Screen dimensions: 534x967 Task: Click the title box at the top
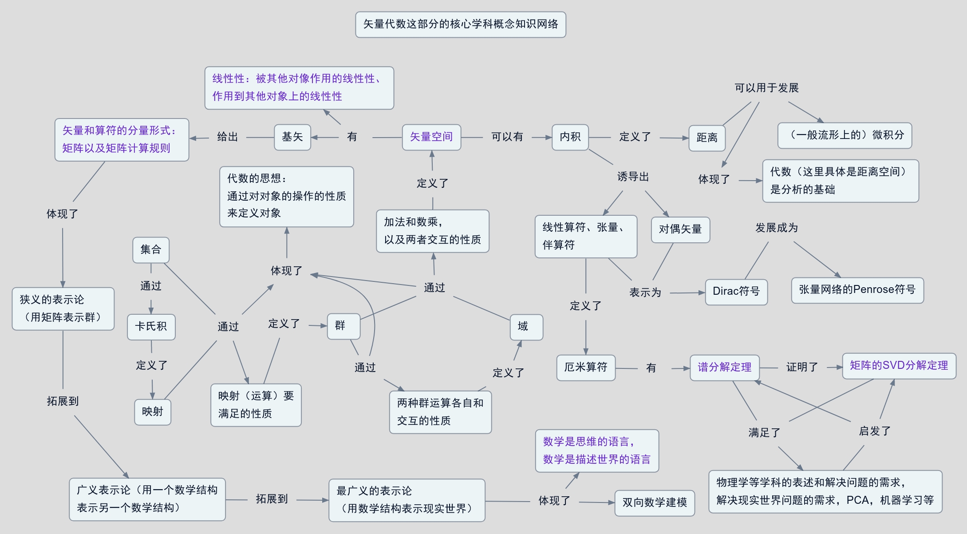(x=460, y=24)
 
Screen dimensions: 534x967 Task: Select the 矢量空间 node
(x=431, y=137)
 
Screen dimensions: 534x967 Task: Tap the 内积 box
(x=570, y=137)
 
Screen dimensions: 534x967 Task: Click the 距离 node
(x=707, y=138)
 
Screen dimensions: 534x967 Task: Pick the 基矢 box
(x=292, y=137)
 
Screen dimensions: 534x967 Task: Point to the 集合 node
(x=150, y=250)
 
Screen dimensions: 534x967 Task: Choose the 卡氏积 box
(x=151, y=327)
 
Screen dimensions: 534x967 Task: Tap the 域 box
(x=526, y=327)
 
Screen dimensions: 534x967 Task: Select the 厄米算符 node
(x=585, y=368)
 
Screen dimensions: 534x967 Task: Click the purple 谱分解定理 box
(x=724, y=368)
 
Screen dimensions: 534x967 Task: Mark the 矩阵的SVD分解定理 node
(x=899, y=366)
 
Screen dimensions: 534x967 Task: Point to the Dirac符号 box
(x=736, y=292)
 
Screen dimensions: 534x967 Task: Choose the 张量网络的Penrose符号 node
(x=857, y=290)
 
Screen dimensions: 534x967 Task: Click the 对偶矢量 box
(x=680, y=229)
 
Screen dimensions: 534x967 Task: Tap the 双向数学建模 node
(x=654, y=502)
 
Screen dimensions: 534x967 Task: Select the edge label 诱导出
(x=633, y=177)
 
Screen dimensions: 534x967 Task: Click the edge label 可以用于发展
(x=766, y=88)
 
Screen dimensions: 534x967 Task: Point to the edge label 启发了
(x=874, y=431)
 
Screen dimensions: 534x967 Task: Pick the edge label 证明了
(x=802, y=368)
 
